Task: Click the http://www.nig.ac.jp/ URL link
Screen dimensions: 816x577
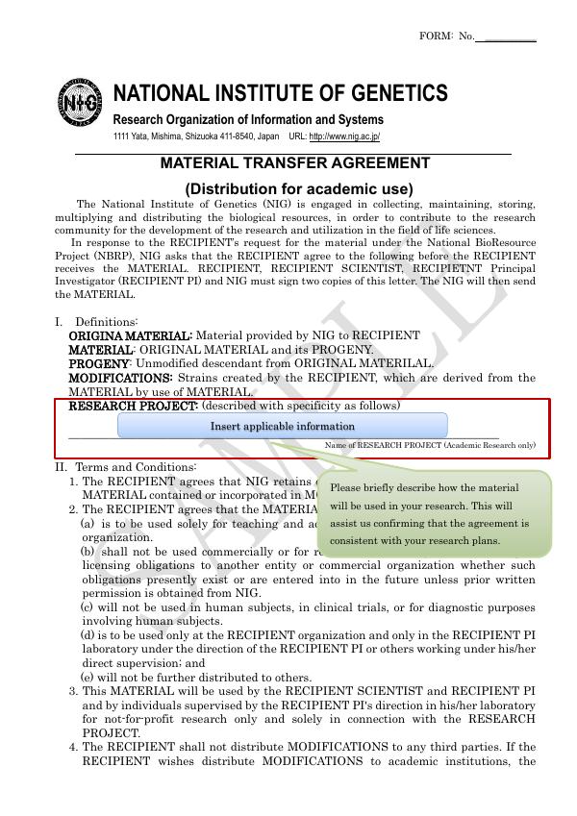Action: [x=344, y=137]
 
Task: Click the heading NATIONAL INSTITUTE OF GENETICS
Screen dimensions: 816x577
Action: [x=280, y=93]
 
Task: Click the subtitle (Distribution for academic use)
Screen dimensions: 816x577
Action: [x=298, y=188]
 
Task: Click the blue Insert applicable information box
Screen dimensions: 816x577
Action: [x=283, y=426]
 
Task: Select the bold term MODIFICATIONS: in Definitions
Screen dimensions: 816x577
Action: [x=120, y=378]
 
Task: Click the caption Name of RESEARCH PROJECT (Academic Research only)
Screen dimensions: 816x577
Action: [x=430, y=446]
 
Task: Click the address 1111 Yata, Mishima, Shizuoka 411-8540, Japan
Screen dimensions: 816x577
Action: [x=196, y=137]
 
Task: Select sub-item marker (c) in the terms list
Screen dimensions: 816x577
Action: [x=87, y=607]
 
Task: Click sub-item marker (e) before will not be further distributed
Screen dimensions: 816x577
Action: [x=87, y=677]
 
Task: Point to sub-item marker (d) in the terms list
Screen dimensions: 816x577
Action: [x=87, y=635]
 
